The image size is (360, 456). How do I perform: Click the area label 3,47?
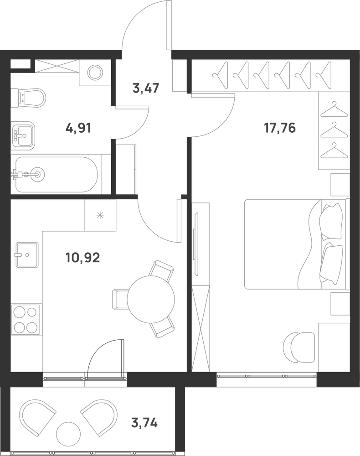click(145, 88)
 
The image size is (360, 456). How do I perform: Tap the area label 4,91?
click(78, 128)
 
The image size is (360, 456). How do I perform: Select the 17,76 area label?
click(279, 128)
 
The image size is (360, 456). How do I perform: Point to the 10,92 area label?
click(83, 257)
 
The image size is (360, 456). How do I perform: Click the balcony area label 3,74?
click(144, 422)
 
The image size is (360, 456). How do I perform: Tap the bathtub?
click(56, 175)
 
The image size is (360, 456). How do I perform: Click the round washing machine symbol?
click(95, 72)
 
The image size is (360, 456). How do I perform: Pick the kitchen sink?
click(27, 255)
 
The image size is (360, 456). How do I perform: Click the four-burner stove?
click(25, 320)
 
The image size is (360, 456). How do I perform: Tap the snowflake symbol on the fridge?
click(100, 216)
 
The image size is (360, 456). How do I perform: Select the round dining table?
click(151, 299)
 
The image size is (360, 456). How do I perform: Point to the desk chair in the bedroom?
click(299, 347)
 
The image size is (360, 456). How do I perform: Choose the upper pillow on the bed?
click(331, 221)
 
